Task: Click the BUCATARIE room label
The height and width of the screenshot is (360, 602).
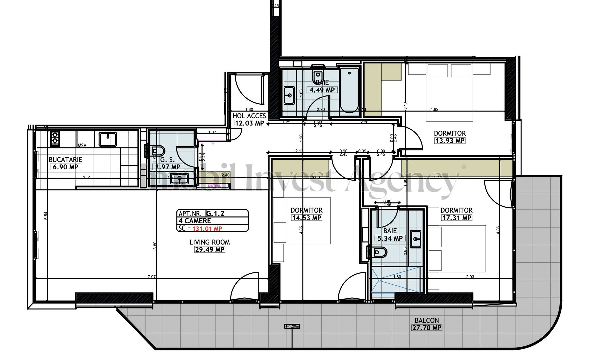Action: [x=65, y=160]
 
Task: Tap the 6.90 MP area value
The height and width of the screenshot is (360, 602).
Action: [x=65, y=167]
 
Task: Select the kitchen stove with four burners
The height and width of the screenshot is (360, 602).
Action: [x=55, y=139]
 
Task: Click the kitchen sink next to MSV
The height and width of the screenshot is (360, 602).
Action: [x=107, y=139]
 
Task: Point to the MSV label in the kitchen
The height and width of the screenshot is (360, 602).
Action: [x=82, y=146]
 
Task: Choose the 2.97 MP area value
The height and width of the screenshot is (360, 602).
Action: [x=168, y=167]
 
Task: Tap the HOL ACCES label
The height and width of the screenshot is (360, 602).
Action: [x=249, y=116]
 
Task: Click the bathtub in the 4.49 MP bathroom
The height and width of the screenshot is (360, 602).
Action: [x=349, y=90]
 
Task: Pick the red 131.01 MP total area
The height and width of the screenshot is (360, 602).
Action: [x=207, y=229]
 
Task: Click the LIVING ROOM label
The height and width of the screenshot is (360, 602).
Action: [x=210, y=242]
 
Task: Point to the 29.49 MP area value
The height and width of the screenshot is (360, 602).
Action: [x=210, y=250]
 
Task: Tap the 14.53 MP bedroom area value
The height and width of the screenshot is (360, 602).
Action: [x=307, y=218]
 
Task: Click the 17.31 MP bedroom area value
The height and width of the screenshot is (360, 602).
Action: [x=457, y=218]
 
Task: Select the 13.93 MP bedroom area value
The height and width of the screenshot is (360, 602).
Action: [x=450, y=141]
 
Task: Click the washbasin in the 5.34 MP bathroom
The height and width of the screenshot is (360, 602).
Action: [x=416, y=239]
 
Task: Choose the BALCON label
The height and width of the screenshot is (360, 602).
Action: [x=427, y=320]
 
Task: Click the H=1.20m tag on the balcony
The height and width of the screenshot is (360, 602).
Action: [x=292, y=326]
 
